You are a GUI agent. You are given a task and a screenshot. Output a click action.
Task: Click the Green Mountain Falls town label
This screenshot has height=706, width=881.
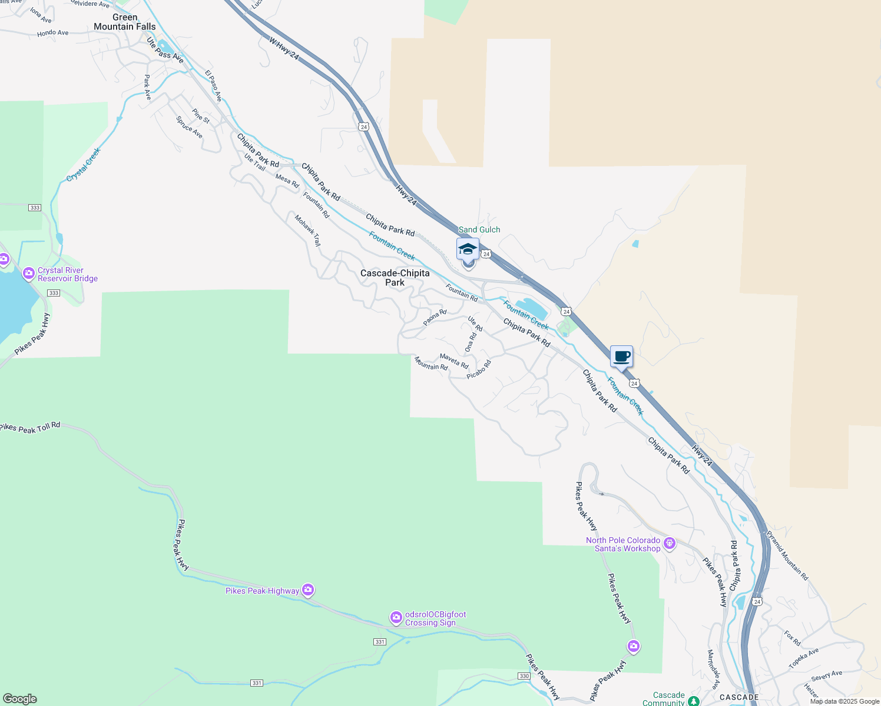(x=125, y=22)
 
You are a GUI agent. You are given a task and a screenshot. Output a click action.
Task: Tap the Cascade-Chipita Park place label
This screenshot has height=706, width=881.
(x=395, y=278)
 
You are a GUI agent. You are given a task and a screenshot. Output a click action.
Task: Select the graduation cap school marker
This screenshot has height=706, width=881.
(x=468, y=249)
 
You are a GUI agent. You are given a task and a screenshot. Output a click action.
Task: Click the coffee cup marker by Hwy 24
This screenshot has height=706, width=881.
(x=621, y=357)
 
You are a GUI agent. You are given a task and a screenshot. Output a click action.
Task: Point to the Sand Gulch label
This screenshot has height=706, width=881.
(x=479, y=229)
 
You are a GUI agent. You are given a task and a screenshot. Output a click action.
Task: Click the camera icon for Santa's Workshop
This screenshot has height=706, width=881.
(x=669, y=543)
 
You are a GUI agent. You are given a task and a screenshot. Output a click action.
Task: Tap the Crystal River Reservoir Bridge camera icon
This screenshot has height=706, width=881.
(x=28, y=274)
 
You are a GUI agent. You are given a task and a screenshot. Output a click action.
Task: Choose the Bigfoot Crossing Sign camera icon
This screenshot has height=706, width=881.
(x=396, y=618)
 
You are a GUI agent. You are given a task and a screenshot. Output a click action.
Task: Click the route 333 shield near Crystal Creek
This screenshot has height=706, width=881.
(x=35, y=208)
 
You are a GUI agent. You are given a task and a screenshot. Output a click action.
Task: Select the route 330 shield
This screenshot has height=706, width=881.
(x=524, y=676)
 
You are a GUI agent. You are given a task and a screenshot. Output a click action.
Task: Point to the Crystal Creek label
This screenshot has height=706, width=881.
(x=84, y=165)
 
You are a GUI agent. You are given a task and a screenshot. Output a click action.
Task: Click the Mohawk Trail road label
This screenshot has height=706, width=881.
(x=308, y=231)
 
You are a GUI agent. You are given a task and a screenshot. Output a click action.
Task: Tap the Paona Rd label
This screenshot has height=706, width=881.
(x=435, y=318)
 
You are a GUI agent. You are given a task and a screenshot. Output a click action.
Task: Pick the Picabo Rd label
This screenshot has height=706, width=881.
(x=478, y=369)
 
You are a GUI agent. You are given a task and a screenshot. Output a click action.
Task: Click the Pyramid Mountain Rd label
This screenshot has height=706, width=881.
(x=787, y=556)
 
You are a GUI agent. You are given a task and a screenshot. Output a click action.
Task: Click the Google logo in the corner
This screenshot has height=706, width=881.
(x=20, y=699)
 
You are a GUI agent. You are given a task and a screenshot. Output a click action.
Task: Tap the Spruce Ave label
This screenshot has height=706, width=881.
(x=189, y=127)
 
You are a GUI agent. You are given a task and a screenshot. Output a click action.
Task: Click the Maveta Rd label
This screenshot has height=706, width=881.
(x=454, y=361)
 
